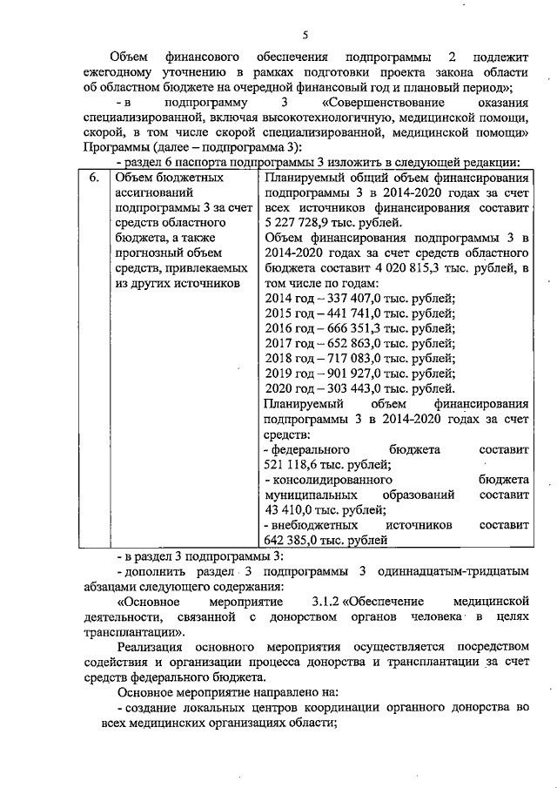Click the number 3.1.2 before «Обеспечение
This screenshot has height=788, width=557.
329,602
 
